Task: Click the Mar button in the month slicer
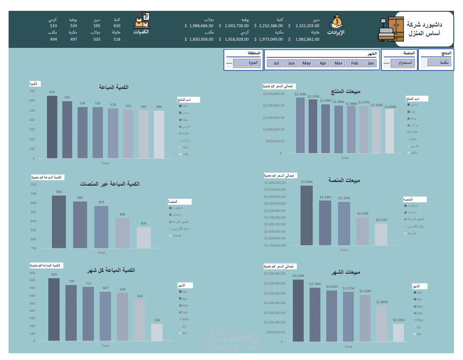(338, 63)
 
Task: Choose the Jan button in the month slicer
(370, 63)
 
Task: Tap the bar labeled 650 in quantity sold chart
(52, 127)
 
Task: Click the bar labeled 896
(59, 222)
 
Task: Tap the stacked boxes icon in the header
(141, 21)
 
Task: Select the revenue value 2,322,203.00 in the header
(307, 26)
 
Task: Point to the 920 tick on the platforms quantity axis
(34, 185)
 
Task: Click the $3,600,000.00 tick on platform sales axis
(275, 182)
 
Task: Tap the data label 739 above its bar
(71, 281)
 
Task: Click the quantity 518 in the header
(117, 39)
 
